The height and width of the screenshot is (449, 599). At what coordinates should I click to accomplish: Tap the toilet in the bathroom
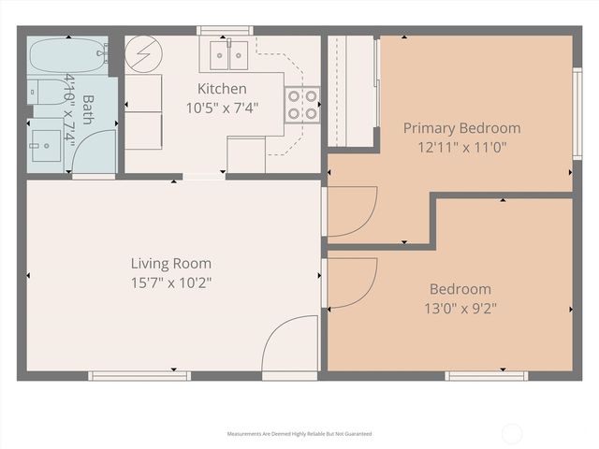click(x=42, y=93)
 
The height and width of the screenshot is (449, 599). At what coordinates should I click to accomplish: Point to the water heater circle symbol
click(x=144, y=53)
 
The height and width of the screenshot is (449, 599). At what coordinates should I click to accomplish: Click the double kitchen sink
click(x=228, y=55)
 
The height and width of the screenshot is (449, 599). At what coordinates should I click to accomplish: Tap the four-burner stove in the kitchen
click(x=301, y=104)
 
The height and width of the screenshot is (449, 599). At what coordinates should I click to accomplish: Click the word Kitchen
click(x=222, y=89)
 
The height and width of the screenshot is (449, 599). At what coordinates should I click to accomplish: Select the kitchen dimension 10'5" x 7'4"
click(x=222, y=107)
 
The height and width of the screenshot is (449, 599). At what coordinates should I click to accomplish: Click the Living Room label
click(x=170, y=264)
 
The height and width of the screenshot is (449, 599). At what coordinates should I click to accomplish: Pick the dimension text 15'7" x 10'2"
click(x=170, y=282)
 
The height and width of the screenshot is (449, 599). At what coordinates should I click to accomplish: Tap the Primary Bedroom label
click(x=461, y=128)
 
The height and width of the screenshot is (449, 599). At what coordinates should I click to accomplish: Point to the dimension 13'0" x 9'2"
click(x=460, y=307)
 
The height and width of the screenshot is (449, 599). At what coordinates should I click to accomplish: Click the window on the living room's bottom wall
click(x=139, y=375)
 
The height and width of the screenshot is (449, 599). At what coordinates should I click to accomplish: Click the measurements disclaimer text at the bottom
click(x=299, y=434)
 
